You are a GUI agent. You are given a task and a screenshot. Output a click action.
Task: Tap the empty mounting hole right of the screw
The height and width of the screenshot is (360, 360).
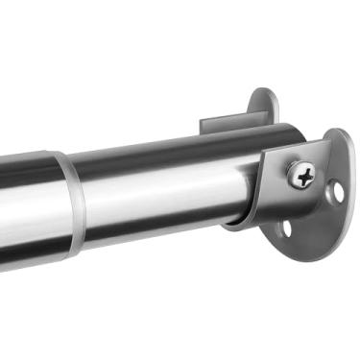[x=337, y=191]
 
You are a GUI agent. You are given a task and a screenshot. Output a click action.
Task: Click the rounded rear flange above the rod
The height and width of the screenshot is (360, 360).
[x=264, y=104]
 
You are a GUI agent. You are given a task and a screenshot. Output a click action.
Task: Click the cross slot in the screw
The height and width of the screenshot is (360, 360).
[x=303, y=175]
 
